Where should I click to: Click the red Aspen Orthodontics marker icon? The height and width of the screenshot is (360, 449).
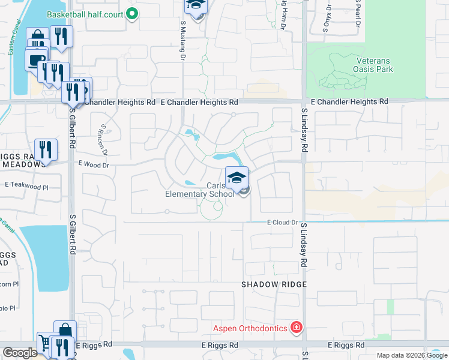coord(296,328)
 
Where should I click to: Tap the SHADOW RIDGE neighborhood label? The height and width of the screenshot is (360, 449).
coord(274,284)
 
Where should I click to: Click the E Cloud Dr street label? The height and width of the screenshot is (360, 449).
coord(282,223)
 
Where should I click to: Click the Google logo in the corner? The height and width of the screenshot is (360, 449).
coord(20,353)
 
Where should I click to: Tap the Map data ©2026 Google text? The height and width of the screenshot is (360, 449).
coord(412,355)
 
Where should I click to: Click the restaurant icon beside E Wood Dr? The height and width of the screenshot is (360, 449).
coord(46,149)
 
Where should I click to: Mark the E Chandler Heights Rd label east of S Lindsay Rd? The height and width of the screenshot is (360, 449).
coord(349,102)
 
